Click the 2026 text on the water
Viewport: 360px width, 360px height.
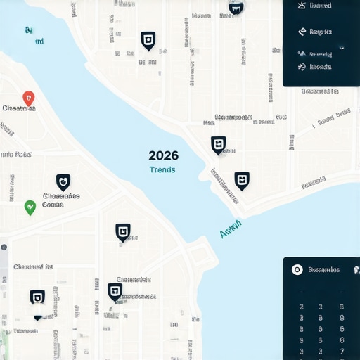pyautogui.click(x=163, y=155)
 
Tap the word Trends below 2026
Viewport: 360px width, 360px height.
pyautogui.click(x=162, y=169)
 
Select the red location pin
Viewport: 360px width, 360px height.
pyautogui.click(x=28, y=98)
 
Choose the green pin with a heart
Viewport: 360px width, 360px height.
pyautogui.click(x=30, y=207)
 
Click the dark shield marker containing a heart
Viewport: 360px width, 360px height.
pyautogui.click(x=63, y=182)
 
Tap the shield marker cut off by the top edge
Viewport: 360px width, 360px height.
pyautogui.click(x=236, y=8)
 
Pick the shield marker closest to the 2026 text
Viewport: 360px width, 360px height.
pyautogui.click(x=219, y=145)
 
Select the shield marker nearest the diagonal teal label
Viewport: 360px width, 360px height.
pyautogui.click(x=242, y=180)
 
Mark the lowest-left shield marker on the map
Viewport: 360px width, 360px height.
pyautogui.click(x=37, y=297)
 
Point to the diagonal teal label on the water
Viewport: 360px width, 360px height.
pyautogui.click(x=231, y=228)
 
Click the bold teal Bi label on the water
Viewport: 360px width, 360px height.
pyautogui.click(x=29, y=30)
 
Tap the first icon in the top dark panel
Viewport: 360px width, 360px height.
pyautogui.click(x=302, y=6)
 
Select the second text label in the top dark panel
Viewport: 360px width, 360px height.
pyautogui.click(x=320, y=32)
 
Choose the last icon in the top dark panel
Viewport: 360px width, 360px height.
pyautogui.click(x=302, y=67)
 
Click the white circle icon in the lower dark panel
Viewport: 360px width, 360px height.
pyautogui.click(x=297, y=269)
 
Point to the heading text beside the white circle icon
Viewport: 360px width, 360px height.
pyautogui.click(x=324, y=269)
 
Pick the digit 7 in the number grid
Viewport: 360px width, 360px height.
pyautogui.click(x=342, y=351)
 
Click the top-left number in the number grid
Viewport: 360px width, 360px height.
pyautogui.click(x=301, y=307)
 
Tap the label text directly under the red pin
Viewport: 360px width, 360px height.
pyautogui.click(x=19, y=108)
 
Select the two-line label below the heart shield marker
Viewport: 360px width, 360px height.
pyautogui.click(x=61, y=200)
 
